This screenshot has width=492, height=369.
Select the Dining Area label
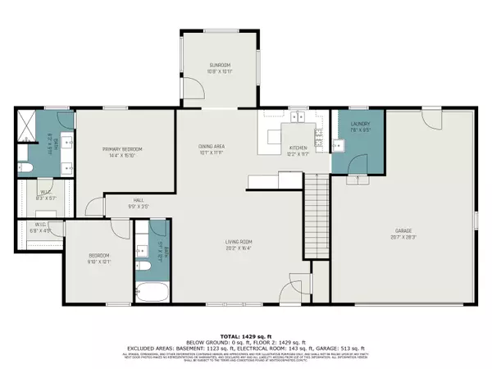coord(211,148)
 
